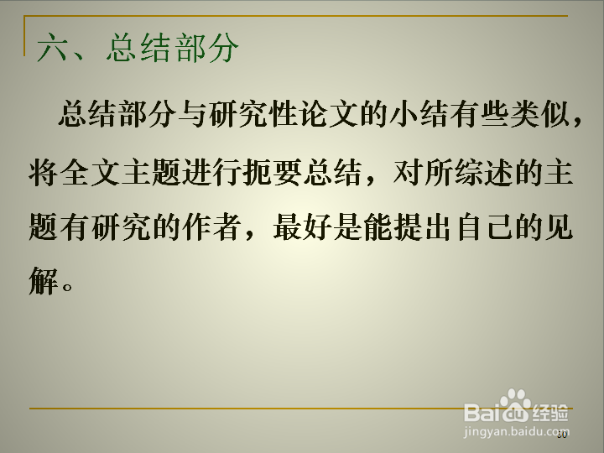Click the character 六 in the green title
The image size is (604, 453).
(52, 48)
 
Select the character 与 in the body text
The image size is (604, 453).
(192, 114)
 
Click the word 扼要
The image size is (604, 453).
(273, 171)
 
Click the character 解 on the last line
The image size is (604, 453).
(43, 281)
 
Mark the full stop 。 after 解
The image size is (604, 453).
(67, 287)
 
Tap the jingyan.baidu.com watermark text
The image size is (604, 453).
(516, 432)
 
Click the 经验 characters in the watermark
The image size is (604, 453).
(550, 413)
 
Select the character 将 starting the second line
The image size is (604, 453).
(43, 171)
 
